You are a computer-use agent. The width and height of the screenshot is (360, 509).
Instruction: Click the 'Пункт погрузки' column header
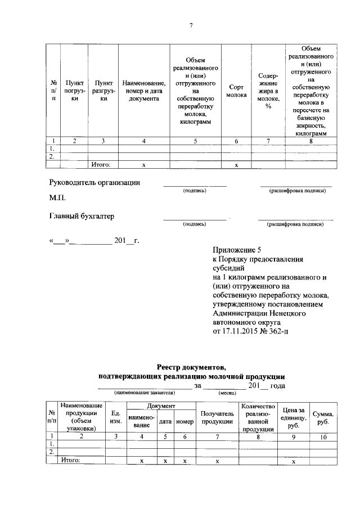pyautogui.click(x=75, y=90)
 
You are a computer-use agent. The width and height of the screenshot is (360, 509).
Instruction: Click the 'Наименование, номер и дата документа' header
pyautogui.click(x=144, y=90)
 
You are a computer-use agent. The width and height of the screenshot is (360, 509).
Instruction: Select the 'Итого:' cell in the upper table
pyautogui.click(x=101, y=165)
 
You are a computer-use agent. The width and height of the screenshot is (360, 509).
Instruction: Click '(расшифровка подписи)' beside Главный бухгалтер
pyautogui.click(x=295, y=224)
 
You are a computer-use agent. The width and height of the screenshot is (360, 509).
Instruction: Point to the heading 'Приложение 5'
pyautogui.click(x=237, y=249)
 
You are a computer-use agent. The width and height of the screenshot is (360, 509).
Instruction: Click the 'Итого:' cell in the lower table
pyautogui.click(x=70, y=460)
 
